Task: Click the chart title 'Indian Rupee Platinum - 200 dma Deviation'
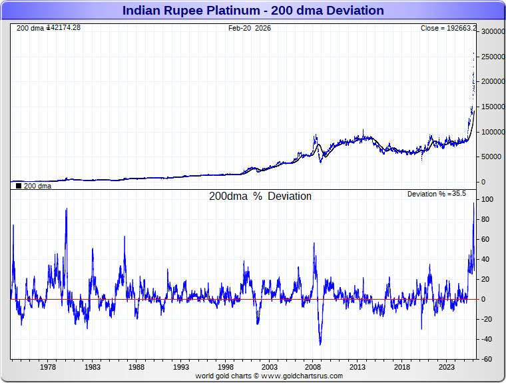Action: [x=253, y=11]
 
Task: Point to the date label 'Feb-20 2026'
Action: [x=250, y=28]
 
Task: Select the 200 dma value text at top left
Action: [x=49, y=27]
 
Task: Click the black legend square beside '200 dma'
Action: [x=18, y=187]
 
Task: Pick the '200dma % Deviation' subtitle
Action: [x=260, y=196]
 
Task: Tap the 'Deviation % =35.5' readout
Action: [x=437, y=194]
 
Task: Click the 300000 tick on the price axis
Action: [x=492, y=31]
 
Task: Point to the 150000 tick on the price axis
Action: [x=492, y=107]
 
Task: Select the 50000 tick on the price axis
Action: [x=492, y=157]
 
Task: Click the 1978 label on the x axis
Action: [x=48, y=367]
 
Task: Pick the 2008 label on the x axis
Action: [x=313, y=367]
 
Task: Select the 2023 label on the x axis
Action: [x=446, y=367]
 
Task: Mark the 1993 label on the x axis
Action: [x=180, y=367]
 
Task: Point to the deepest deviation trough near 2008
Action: [x=320, y=344]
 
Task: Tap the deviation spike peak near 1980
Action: [x=66, y=209]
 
